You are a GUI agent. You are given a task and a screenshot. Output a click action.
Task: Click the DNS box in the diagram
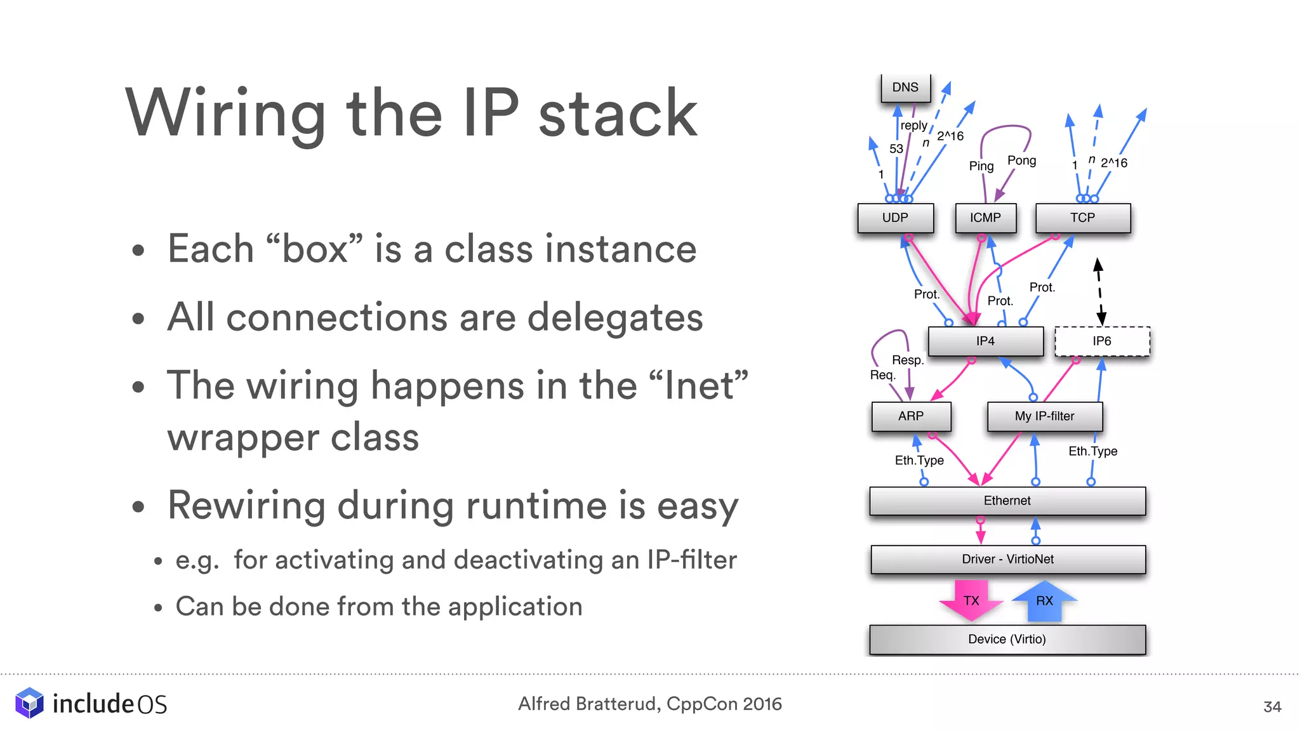[x=905, y=88]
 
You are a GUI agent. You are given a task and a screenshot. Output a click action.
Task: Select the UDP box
[x=895, y=218]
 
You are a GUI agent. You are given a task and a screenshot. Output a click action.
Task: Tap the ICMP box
[x=985, y=218]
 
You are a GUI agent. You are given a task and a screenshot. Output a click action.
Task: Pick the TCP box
[x=1083, y=218]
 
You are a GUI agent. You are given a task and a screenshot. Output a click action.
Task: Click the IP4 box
[x=985, y=341]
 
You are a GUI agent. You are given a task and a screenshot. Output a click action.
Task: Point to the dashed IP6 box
[x=1102, y=341]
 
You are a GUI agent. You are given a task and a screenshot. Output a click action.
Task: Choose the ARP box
[x=911, y=416]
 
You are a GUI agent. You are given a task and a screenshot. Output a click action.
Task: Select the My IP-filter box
[x=1045, y=416]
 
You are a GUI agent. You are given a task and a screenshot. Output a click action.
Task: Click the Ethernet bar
[x=1007, y=501]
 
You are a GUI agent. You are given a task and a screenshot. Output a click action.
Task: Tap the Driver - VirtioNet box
[x=1008, y=559]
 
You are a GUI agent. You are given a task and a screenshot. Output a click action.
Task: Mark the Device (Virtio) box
[x=1007, y=639]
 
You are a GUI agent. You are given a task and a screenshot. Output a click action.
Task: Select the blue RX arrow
[x=1044, y=600]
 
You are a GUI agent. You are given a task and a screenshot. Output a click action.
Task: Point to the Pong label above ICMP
[x=1022, y=161]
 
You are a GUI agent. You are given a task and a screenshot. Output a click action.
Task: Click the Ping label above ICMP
[x=981, y=166]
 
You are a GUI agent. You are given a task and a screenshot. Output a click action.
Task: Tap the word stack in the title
[x=618, y=114]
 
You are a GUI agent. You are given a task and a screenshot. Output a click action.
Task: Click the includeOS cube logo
[x=29, y=703]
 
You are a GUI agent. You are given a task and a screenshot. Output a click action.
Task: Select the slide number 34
[x=1272, y=707]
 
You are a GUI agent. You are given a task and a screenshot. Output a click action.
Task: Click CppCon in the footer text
[x=702, y=704]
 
